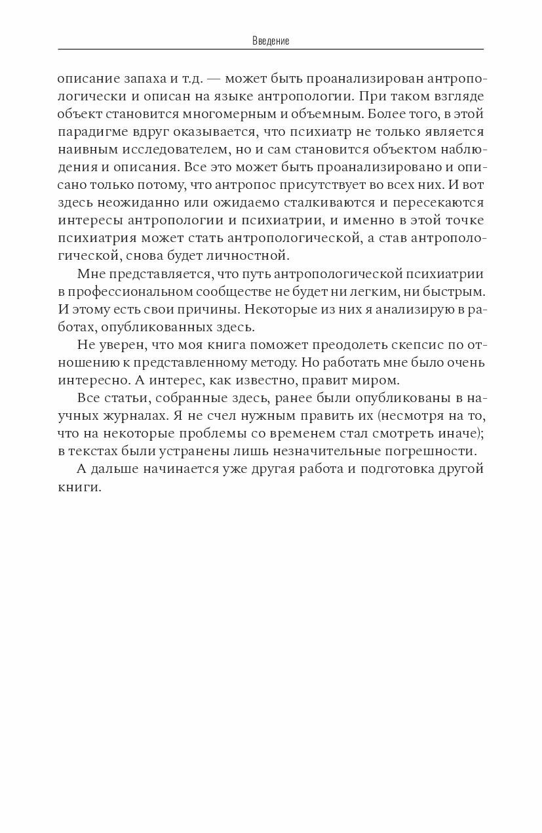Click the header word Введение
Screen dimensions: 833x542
[271, 41]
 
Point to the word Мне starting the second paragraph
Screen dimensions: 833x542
[90, 274]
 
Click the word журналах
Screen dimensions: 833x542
[128, 415]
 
